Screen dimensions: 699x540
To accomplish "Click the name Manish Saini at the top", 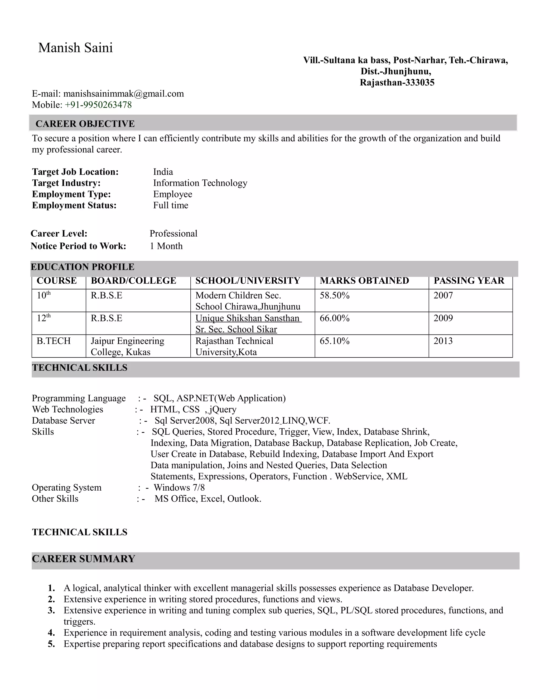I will point(75,48).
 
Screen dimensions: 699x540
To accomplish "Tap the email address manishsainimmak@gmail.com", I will point(123,94).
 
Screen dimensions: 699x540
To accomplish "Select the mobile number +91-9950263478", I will point(98,105).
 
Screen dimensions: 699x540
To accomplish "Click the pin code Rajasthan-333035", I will point(397,83).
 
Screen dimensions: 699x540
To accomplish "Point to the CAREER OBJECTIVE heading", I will point(85,124).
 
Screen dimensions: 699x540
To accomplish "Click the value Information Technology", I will point(200,183).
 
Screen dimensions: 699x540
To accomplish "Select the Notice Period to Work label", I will point(78,246).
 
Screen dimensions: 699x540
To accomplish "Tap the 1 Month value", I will point(166,246).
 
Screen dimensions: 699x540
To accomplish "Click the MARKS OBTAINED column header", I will point(364,281).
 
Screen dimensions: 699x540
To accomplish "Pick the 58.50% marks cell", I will point(334,295).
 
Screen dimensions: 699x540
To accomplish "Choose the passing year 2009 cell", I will point(443,318).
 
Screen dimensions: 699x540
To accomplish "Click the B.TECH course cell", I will point(54,341).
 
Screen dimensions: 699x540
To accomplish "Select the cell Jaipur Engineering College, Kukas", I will point(127,346).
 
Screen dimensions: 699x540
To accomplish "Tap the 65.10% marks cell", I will point(334,341).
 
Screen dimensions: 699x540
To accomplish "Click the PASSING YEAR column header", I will point(469,281).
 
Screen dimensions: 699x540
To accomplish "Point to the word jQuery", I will point(223,410).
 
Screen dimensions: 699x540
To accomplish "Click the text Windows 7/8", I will point(179,488).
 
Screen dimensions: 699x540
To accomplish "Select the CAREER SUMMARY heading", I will point(84,559).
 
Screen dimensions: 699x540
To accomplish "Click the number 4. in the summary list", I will point(51,633).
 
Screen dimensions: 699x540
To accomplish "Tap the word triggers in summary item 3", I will point(79,622).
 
